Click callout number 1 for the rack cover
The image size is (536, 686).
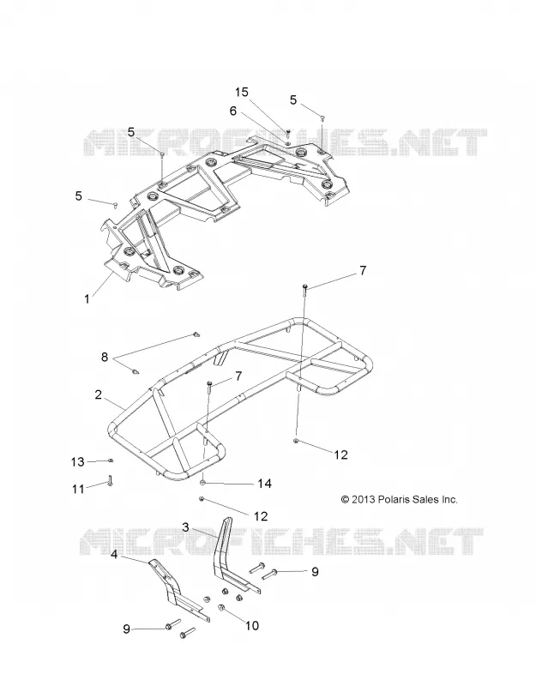coord(87,298)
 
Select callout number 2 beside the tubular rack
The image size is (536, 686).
coord(98,394)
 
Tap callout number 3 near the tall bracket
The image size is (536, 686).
coord(185,527)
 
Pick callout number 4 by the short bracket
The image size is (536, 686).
coord(114,554)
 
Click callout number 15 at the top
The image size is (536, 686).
coord(242,92)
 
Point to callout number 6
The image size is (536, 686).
coord(232,111)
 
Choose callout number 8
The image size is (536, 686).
coord(104,357)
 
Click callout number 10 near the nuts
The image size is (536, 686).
coord(252,626)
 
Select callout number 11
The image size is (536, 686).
coord(78,488)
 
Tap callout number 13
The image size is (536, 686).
coord(77,461)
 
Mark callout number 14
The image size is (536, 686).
coord(264,484)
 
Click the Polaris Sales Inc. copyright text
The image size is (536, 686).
coord(399,499)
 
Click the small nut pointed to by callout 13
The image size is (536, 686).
coord(111,460)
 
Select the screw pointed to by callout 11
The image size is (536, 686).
coord(110,480)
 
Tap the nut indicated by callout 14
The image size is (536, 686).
coord(203,482)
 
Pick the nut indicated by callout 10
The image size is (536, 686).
coord(221,608)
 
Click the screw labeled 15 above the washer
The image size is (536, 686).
coord(288,131)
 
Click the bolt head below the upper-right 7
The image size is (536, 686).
coord(305,287)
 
